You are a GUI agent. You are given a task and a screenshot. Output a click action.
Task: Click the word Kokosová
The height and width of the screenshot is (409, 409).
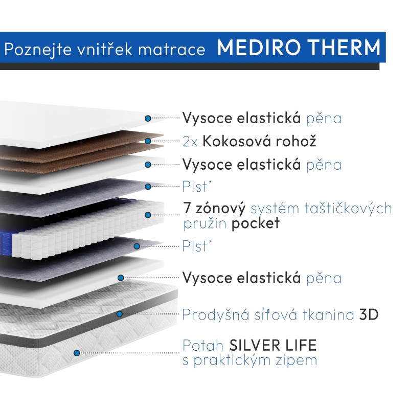[x=235, y=141]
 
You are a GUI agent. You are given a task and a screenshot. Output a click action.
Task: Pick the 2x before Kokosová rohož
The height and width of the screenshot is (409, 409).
[x=190, y=142]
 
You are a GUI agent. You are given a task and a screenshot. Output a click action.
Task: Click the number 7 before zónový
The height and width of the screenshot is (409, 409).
[x=188, y=209]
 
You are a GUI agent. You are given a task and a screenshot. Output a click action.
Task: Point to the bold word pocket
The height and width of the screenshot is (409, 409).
[x=256, y=223]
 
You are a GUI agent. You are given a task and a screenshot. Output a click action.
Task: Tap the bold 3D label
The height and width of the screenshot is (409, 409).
[x=368, y=314]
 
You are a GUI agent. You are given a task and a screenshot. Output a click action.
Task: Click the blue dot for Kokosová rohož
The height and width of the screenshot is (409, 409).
[x=148, y=141]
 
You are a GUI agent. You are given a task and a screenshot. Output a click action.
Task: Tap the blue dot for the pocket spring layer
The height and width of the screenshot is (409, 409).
[x=148, y=216]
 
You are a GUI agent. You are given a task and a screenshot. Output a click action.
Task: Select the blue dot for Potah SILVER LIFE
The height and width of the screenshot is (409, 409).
[x=77, y=352]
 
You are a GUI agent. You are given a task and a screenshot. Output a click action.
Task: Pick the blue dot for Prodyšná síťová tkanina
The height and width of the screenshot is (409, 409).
[x=119, y=314]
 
